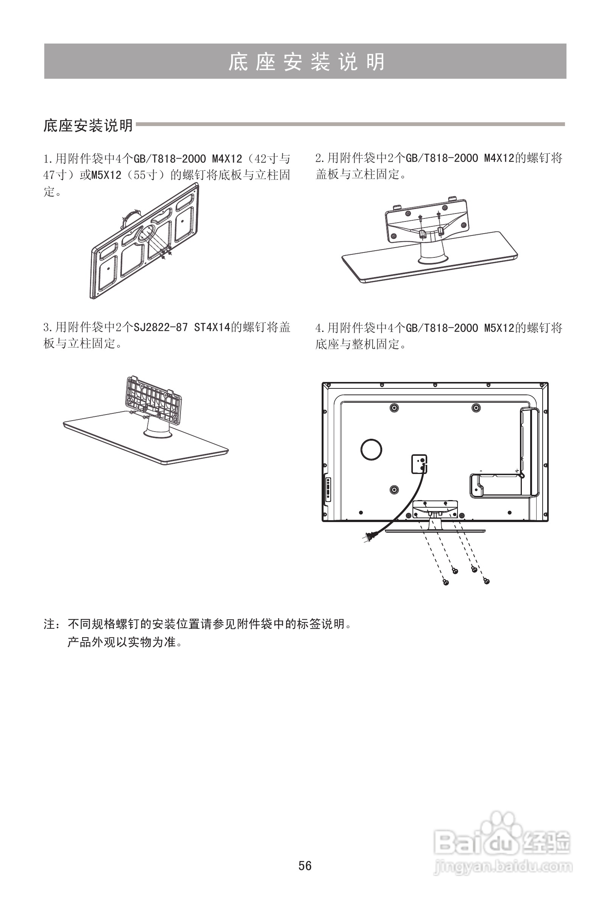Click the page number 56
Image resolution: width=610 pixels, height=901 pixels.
305,865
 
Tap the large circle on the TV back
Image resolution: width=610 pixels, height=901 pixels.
371,449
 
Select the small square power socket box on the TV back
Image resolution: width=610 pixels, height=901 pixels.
419,464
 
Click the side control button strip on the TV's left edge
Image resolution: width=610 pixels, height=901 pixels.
328,489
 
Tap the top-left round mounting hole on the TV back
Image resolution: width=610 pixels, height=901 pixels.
394,407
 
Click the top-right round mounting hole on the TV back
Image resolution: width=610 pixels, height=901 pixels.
476,407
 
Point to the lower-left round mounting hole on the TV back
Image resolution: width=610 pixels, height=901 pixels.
394,489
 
